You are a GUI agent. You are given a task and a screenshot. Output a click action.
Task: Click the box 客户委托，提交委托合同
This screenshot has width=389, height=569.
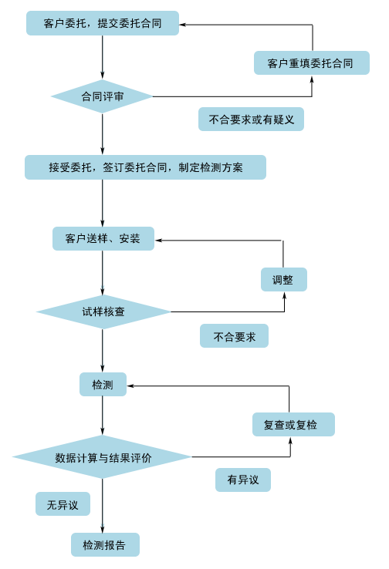coord(103,23)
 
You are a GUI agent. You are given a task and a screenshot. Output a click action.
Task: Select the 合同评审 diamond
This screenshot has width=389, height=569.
coord(102,96)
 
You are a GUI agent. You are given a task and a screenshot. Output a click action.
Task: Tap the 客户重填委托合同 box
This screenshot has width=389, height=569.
coord(312,62)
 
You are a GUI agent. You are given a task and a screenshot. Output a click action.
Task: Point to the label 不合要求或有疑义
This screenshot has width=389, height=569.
coord(251,119)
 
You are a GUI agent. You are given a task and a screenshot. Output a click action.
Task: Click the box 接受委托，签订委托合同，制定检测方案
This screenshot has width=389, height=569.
coord(145,167)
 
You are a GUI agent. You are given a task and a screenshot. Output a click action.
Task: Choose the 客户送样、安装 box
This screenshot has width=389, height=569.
coord(103,238)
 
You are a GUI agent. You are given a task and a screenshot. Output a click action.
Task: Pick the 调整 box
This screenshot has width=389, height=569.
coord(284,279)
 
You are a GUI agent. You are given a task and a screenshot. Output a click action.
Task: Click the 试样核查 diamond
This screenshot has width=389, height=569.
coord(103,311)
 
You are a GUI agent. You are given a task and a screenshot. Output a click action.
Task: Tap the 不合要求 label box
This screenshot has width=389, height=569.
coord(235,336)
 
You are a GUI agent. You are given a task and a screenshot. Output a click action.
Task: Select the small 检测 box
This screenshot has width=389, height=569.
coord(103,384)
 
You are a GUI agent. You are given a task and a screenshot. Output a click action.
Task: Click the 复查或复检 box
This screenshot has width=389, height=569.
coord(293,424)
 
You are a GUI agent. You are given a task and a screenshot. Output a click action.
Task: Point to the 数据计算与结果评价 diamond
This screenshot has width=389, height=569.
coord(102,457)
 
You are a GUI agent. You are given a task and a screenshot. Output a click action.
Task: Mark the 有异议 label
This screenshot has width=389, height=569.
coord(243,480)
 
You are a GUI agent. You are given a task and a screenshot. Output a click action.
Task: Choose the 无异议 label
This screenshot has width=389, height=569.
coord(63,503)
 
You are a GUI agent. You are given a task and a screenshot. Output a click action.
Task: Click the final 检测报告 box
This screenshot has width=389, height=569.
coord(105,544)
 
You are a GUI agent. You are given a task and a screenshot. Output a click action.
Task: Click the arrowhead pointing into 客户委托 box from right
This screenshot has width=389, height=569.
coord(182,25)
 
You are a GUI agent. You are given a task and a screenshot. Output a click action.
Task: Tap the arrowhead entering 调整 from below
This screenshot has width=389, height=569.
coord(284,295)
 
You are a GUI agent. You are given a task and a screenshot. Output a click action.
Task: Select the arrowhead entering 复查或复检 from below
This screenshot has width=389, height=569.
coord(290,439)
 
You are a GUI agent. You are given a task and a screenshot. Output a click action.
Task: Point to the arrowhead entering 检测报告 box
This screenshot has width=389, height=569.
coord(103,529)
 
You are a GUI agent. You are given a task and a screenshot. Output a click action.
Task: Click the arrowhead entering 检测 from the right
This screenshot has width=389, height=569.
coord(130,386)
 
